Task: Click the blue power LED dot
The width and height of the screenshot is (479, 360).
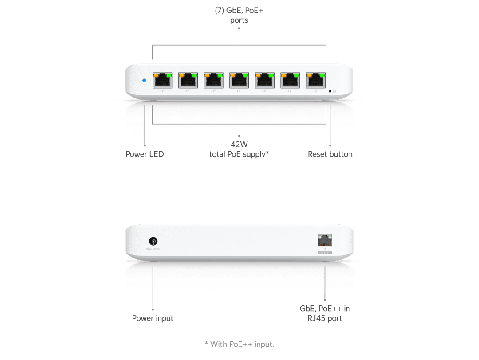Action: pyautogui.click(x=144, y=81)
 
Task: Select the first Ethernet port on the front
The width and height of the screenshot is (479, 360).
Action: pyautogui.click(x=162, y=81)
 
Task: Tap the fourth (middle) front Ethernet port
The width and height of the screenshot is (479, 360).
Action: pyautogui.click(x=239, y=81)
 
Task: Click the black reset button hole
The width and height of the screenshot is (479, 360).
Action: pyautogui.click(x=330, y=91)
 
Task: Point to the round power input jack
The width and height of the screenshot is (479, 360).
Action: pyautogui.click(x=153, y=242)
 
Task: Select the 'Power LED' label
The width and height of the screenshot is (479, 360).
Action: pyautogui.click(x=145, y=154)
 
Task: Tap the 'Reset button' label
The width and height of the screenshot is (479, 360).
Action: pyautogui.click(x=330, y=154)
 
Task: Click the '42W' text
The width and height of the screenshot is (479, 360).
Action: pyautogui.click(x=239, y=144)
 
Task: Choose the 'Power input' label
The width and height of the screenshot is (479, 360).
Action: pyautogui.click(x=153, y=318)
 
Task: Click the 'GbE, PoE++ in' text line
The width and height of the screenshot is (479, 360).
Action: pyautogui.click(x=325, y=309)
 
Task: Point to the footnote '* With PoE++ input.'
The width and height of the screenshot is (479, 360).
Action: pyautogui.click(x=239, y=344)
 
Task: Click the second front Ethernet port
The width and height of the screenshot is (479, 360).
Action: pyautogui.click(x=188, y=81)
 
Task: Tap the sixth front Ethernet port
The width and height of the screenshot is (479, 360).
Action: pyautogui.click(x=291, y=81)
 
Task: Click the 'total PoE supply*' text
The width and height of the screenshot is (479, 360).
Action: pyautogui.click(x=239, y=154)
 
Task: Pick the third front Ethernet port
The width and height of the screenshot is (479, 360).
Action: pyautogui.click(x=213, y=81)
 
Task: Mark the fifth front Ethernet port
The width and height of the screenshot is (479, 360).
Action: pyautogui.click(x=265, y=81)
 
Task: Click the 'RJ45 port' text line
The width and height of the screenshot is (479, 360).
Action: pyautogui.click(x=326, y=318)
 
